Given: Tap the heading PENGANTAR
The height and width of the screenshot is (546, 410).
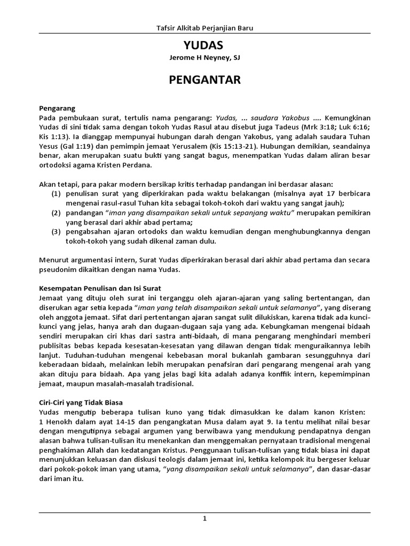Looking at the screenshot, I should coord(205,80).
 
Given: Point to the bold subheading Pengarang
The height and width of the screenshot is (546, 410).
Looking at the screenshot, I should coord(57,107).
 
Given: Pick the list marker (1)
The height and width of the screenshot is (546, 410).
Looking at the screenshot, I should coord(56,193).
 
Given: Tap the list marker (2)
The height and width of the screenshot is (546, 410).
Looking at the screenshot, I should coord(56,212).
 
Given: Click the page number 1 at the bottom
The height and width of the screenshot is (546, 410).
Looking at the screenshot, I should coord(204,519).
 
